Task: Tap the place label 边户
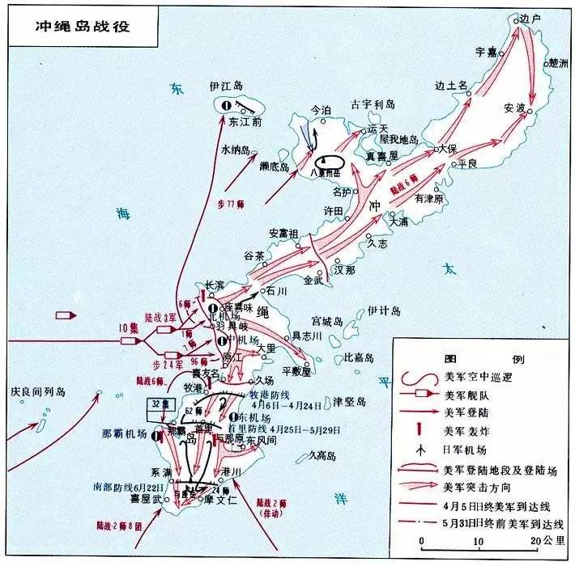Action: (x=529, y=19)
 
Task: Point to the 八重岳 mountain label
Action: (x=328, y=172)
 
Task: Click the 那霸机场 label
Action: (x=123, y=434)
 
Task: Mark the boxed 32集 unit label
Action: (x=158, y=403)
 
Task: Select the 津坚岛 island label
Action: (x=350, y=401)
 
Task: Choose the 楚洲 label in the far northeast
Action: (x=558, y=63)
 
